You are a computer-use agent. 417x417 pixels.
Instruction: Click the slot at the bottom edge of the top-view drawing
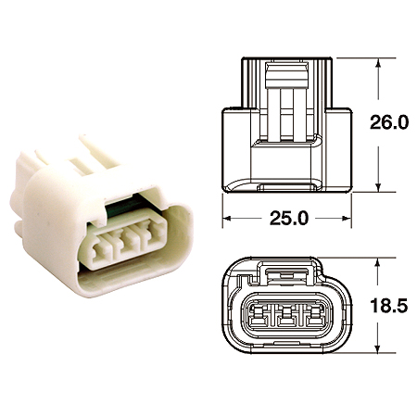point(286,188)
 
